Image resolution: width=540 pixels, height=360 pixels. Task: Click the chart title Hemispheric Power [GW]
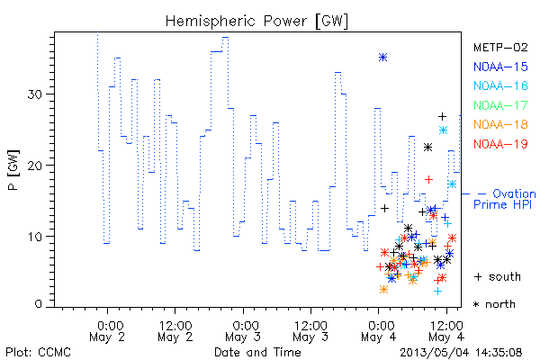coord(256,22)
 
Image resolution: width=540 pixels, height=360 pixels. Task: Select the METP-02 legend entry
coord(500,47)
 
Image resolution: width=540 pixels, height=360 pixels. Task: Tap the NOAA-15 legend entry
coord(500,67)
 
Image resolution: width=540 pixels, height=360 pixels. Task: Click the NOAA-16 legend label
coord(500,85)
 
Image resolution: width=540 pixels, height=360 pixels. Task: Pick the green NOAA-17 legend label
coord(500,105)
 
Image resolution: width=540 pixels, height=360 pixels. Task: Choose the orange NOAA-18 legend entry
coord(500,124)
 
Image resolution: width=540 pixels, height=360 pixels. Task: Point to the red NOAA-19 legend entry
coord(500,144)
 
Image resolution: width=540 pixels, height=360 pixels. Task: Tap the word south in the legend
coord(505,276)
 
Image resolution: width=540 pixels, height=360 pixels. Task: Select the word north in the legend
coord(500,304)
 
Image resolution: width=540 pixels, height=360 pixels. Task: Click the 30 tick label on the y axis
coord(34,94)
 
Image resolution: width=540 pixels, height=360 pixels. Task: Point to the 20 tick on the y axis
coord(34,165)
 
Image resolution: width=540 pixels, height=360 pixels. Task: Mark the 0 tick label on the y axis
coord(38,304)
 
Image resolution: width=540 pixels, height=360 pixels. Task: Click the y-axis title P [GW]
coord(13,170)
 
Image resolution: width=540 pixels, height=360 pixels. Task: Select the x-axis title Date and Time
coord(257,352)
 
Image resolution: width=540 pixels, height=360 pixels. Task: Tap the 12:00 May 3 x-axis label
coord(310,331)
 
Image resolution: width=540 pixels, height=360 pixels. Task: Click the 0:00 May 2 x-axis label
coord(107,331)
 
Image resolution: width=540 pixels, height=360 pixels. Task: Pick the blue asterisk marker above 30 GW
coord(383,58)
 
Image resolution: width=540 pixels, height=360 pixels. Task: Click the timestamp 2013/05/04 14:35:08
coord(461,353)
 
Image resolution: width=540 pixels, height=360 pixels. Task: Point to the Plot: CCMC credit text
coord(38,352)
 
